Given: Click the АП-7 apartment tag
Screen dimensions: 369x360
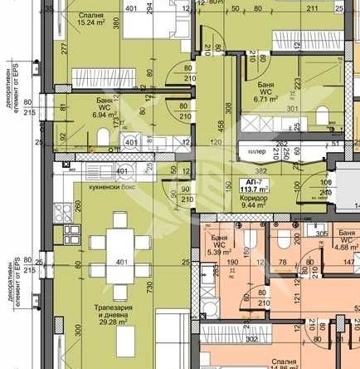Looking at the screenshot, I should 250,180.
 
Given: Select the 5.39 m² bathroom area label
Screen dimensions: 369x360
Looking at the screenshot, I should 219,247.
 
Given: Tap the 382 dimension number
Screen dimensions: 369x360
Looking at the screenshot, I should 260,170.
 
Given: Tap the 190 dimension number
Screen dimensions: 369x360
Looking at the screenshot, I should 234,262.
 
